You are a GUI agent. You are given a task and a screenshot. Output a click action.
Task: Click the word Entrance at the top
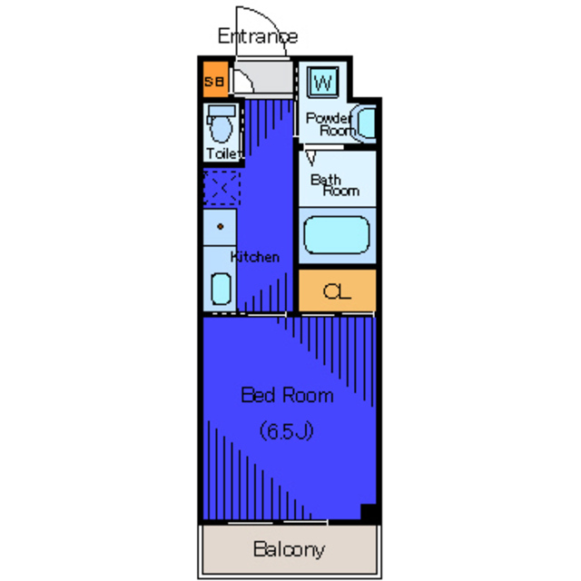coord(257,36)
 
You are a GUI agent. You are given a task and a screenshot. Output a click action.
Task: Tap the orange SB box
coord(214,83)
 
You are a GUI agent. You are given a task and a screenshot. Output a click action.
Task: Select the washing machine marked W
coord(322,84)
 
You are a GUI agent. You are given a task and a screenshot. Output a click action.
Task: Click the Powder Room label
coord(329,124)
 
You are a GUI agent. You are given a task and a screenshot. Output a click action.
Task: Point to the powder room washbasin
coord(366,123)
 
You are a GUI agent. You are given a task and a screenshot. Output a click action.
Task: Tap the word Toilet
coord(223,153)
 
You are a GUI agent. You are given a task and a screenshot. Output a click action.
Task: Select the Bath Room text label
coord(334,185)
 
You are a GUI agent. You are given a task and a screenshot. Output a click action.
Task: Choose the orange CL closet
coord(336,291)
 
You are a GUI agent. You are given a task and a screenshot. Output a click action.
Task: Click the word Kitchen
coord(255,257)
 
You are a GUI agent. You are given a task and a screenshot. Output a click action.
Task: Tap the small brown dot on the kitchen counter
coord(219,225)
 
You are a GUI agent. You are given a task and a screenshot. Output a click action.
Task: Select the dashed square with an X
coord(221,188)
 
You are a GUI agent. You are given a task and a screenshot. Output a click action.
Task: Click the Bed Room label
coord(286,396)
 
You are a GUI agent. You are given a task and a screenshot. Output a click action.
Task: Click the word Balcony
coord(289,549)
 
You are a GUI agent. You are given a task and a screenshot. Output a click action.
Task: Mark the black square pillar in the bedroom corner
coord(369,512)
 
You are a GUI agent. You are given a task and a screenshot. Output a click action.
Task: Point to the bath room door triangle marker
coord(310,158)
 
